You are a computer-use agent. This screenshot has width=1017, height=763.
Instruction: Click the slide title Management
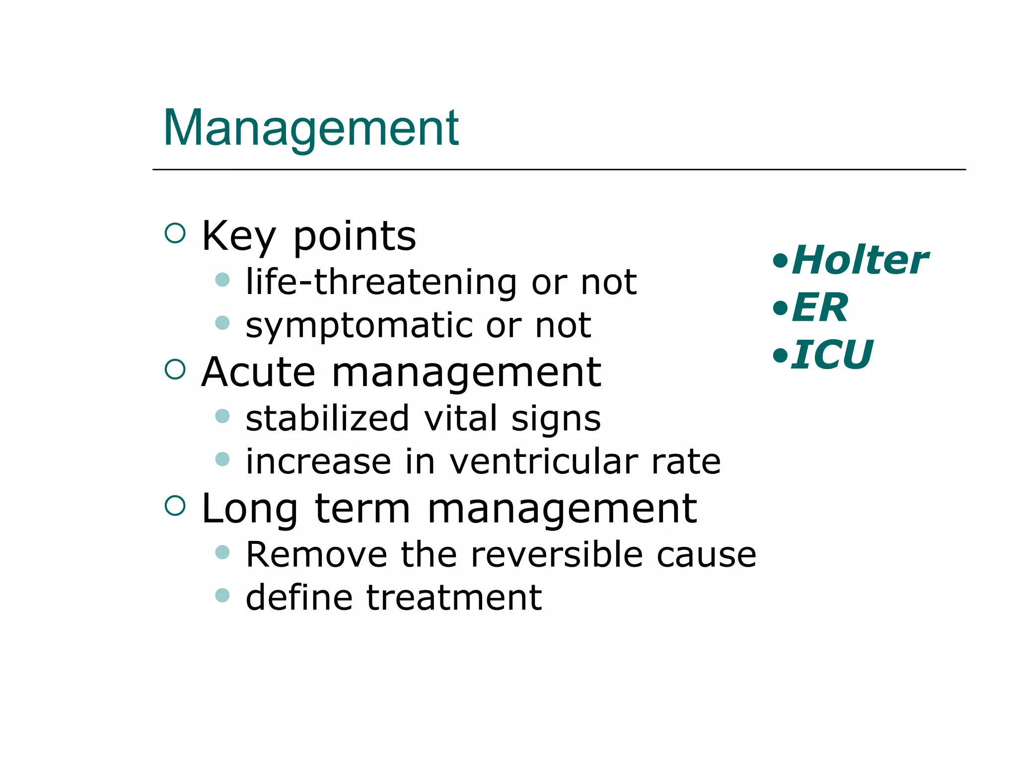pos(311,128)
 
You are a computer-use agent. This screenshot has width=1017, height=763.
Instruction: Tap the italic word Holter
pos(860,260)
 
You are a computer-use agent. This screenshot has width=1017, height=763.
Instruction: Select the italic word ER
pos(820,307)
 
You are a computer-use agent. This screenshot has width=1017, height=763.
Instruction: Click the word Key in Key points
pos(238,237)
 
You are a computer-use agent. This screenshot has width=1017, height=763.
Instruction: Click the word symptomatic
pos(359,326)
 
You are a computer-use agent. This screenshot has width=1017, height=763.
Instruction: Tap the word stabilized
pos(327,418)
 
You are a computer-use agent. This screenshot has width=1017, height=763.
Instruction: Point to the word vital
pos(460,418)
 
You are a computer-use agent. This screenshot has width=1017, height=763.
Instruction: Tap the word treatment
pos(454,598)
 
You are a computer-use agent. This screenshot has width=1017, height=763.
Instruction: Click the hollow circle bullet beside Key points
pos(175,233)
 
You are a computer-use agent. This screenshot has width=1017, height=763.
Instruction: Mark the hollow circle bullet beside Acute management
pos(175,369)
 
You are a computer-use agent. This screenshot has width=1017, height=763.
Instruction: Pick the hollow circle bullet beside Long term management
pos(175,506)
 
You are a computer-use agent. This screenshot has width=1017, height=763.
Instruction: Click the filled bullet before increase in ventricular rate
pos(222,458)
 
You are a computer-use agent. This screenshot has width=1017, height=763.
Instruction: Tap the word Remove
pos(316,554)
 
